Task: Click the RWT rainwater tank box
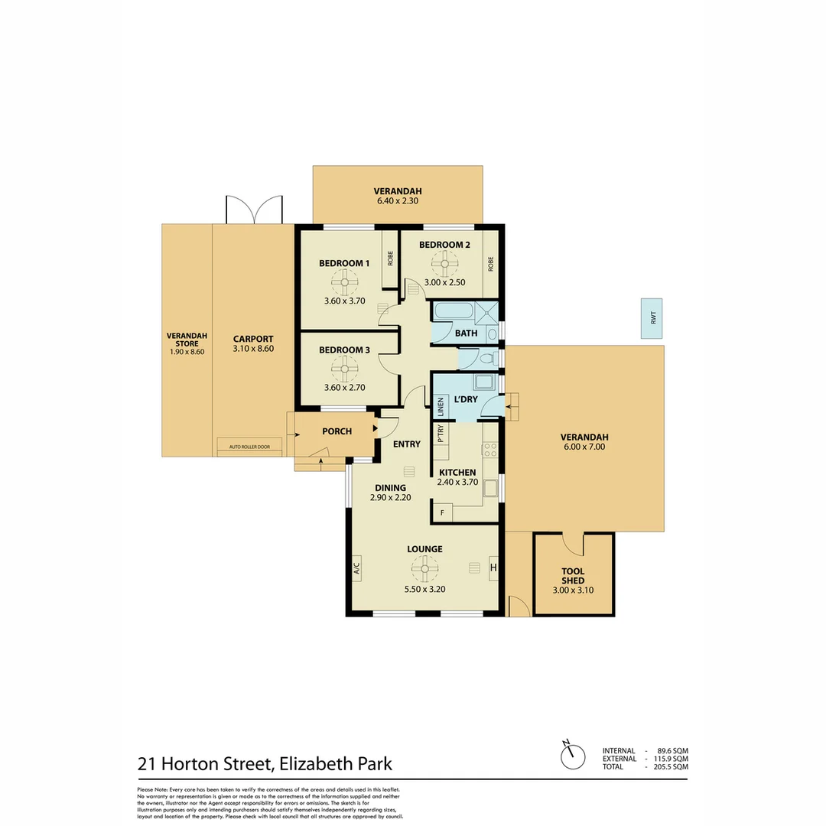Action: [x=652, y=317]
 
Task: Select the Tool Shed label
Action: [x=573, y=576]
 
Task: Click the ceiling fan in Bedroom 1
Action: [x=344, y=281]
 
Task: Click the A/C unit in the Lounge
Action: [x=356, y=568]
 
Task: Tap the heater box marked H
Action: [x=493, y=567]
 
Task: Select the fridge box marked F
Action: [x=441, y=512]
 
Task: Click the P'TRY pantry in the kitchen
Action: [x=441, y=434]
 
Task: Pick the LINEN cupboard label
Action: [x=441, y=408]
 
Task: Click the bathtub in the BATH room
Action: [x=454, y=312]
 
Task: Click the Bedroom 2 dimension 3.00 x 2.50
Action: [x=444, y=283]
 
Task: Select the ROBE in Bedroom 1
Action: [x=390, y=259]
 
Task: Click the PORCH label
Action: [x=337, y=431]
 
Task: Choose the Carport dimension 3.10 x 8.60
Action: [x=253, y=349]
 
